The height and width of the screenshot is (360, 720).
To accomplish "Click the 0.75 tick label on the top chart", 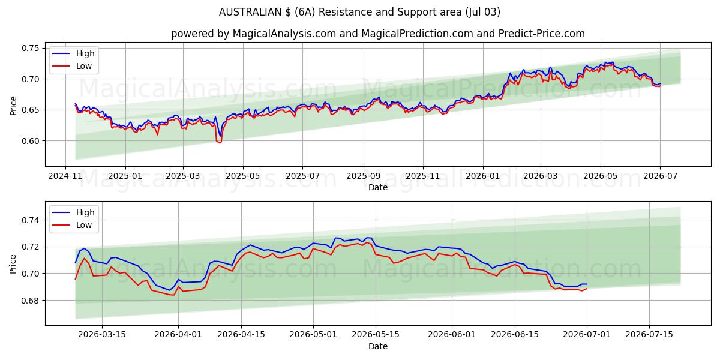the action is tap(30, 48).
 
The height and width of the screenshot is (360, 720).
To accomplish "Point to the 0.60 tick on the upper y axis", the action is tap(30, 141).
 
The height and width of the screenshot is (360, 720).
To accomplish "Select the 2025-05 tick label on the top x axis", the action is tap(242, 176).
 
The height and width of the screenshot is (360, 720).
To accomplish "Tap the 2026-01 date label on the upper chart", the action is tap(483, 176).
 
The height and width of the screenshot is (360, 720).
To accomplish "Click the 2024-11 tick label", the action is tap(65, 176).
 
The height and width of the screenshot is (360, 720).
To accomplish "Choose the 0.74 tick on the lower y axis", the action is tap(30, 220).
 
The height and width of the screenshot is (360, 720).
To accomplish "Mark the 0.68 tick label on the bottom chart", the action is tap(30, 301).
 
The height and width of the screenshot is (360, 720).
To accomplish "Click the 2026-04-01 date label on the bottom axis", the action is tap(178, 335).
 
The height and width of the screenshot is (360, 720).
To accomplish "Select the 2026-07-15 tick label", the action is tap(649, 335).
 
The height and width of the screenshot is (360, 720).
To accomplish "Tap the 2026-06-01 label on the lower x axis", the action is tap(452, 335).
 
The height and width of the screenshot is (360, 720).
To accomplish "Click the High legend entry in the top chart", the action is tap(74, 53).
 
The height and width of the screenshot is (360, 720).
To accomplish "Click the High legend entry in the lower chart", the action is tap(74, 212).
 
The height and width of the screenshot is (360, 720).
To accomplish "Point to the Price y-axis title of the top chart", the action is tap(13, 106).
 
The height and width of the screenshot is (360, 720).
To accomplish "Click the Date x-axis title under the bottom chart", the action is tap(378, 347).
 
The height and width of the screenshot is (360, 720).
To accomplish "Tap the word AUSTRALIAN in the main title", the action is tap(250, 12).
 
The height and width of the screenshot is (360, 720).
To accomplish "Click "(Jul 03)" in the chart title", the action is tap(483, 12).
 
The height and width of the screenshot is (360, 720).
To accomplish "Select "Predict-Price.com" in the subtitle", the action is tap(542, 34).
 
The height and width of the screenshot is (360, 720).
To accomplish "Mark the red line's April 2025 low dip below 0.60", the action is tap(220, 142).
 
